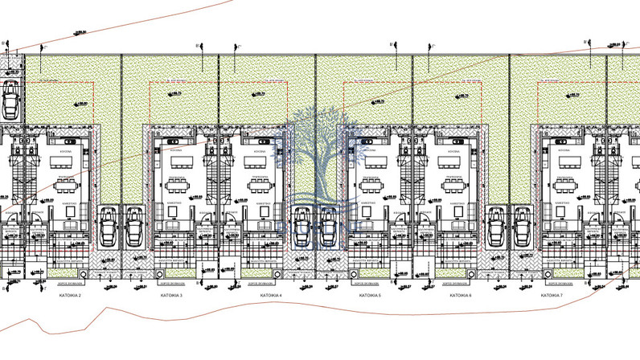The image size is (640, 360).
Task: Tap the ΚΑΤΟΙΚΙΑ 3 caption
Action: [170, 296]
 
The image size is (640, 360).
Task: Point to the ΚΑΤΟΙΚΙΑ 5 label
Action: [368, 296]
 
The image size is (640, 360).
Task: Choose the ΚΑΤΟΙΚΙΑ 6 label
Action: [459, 296]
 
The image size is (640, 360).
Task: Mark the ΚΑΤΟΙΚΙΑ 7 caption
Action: [552, 296]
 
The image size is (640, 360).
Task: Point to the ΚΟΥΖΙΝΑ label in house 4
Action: [260, 149]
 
